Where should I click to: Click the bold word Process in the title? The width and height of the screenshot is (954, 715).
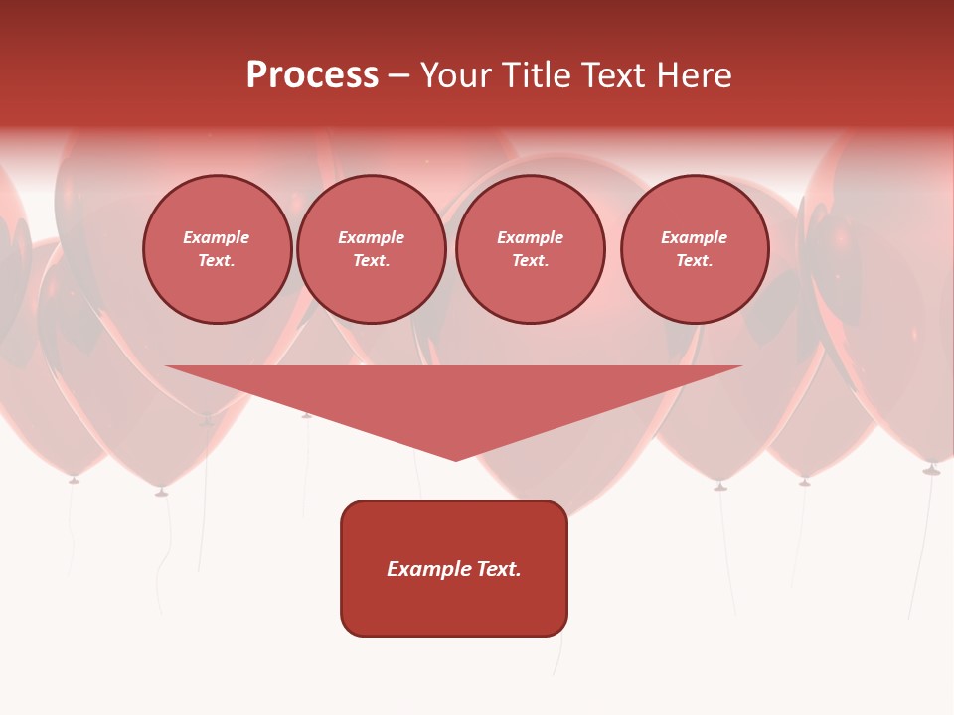click(312, 75)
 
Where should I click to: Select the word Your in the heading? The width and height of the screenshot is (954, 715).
click(456, 75)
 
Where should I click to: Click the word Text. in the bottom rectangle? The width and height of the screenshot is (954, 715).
click(499, 569)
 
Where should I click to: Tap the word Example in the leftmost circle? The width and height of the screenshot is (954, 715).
click(217, 237)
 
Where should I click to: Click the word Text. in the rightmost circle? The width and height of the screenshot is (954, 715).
click(694, 260)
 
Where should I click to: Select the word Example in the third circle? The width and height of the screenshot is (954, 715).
click(530, 237)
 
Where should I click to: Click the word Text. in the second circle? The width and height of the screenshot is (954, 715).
click(371, 260)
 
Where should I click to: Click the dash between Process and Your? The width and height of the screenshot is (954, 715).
click(399, 75)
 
